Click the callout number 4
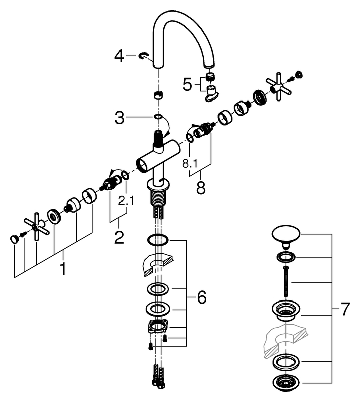[x=119, y=56]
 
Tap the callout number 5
[x=187, y=84]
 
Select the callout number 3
[x=119, y=118]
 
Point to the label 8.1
[x=190, y=163]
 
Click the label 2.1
[x=126, y=200]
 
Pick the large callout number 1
[x=63, y=268]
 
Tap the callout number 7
[x=345, y=309]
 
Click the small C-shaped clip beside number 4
[x=144, y=56]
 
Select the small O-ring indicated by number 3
[x=158, y=117]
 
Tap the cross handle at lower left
[x=36, y=226]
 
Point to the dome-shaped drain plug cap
[x=286, y=235]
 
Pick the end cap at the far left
[x=14, y=239]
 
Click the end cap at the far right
[x=299, y=74]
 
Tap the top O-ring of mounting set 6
[x=158, y=240]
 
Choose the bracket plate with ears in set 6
[x=158, y=327]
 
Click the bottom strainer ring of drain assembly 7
[x=286, y=384]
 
